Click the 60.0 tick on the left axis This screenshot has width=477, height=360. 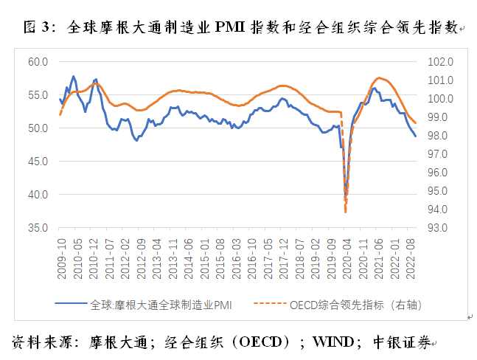click(x=38, y=61)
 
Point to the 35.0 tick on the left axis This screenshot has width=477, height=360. click(x=38, y=228)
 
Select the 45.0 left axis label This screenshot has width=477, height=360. click(x=38, y=162)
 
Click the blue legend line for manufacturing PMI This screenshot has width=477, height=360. click(x=73, y=303)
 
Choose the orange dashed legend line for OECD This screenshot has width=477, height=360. click(x=271, y=303)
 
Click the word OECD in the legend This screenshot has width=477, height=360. click(x=305, y=303)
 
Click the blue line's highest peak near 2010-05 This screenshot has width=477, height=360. click(x=73, y=76)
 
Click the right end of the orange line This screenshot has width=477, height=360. click(x=415, y=123)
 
